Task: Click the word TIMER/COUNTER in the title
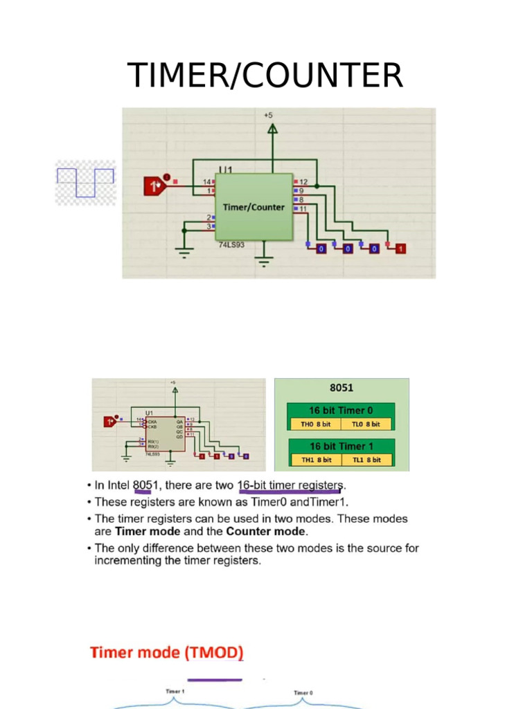click(x=265, y=75)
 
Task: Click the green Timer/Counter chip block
click(x=254, y=206)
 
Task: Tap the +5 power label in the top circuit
click(x=268, y=115)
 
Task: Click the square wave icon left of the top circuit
click(x=85, y=183)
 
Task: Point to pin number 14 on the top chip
click(x=206, y=181)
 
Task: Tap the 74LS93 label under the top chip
click(x=232, y=245)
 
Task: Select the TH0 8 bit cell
click(x=314, y=424)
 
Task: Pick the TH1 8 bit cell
click(x=314, y=459)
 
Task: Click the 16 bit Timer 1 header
click(x=341, y=446)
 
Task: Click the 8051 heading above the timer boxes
click(x=341, y=388)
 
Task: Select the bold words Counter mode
click(x=265, y=532)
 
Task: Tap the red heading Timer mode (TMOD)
click(x=167, y=652)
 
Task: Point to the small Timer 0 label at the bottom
click(x=303, y=692)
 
